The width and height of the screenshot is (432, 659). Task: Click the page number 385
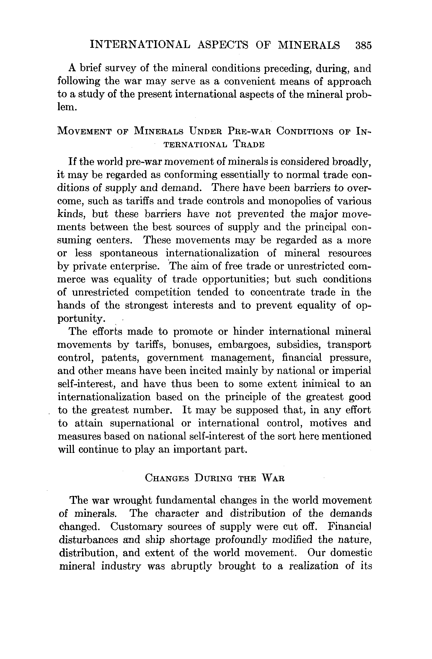point(363,45)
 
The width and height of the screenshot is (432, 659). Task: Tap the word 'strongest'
point(146,305)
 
